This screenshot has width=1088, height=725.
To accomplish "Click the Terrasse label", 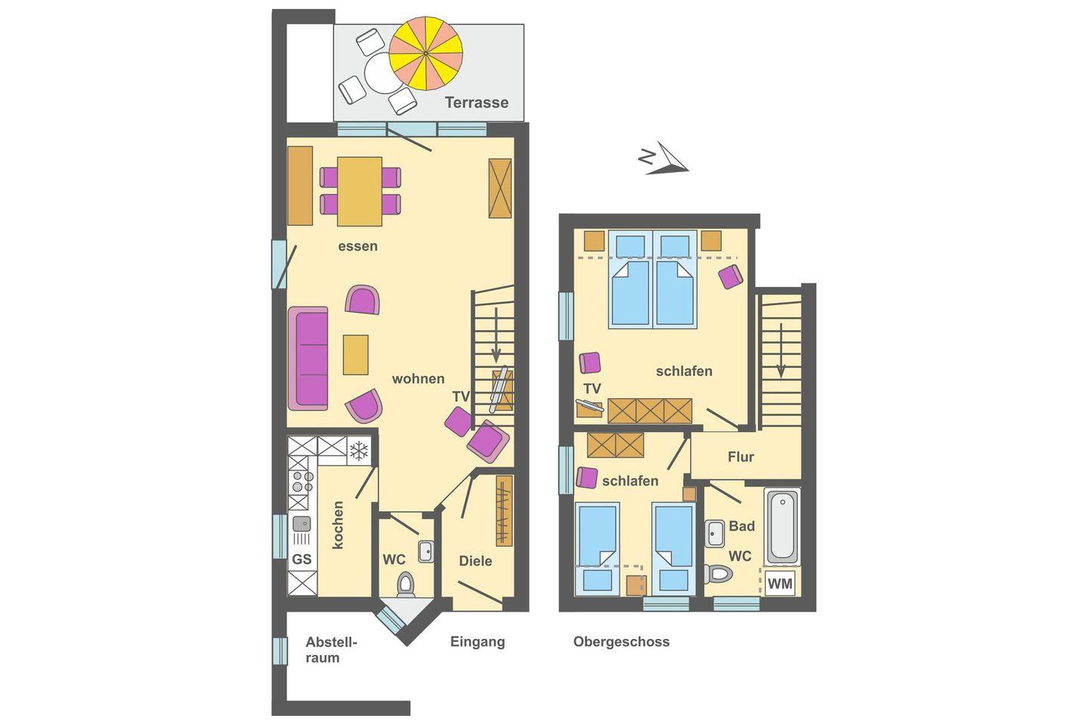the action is click(477, 103).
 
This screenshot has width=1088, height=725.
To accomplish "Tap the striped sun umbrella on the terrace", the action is click(425, 53).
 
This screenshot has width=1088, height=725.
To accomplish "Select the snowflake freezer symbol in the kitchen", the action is click(359, 451).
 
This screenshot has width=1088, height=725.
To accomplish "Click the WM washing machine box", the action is click(780, 583).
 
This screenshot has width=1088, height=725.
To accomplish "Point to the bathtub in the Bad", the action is click(782, 526).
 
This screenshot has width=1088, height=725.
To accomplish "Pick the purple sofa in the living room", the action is click(308, 359).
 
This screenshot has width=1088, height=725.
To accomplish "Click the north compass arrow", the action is click(664, 159).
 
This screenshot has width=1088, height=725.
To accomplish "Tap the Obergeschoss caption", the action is click(621, 641).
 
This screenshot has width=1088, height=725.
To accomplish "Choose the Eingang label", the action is click(478, 642).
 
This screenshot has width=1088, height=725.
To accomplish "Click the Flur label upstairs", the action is click(740, 457).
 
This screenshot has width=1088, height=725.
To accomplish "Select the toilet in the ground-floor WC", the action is click(406, 585).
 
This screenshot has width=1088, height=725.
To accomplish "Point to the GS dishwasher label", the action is click(301, 560).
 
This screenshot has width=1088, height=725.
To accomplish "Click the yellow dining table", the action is click(360, 191).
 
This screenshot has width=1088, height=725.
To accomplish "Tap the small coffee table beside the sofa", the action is click(356, 354).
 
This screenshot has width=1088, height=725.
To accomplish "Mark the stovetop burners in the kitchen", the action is click(301, 482).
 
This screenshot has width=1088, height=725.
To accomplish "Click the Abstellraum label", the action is click(331, 650).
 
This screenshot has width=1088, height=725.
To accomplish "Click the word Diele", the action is click(475, 561).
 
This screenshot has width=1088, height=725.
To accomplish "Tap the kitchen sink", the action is click(301, 524).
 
